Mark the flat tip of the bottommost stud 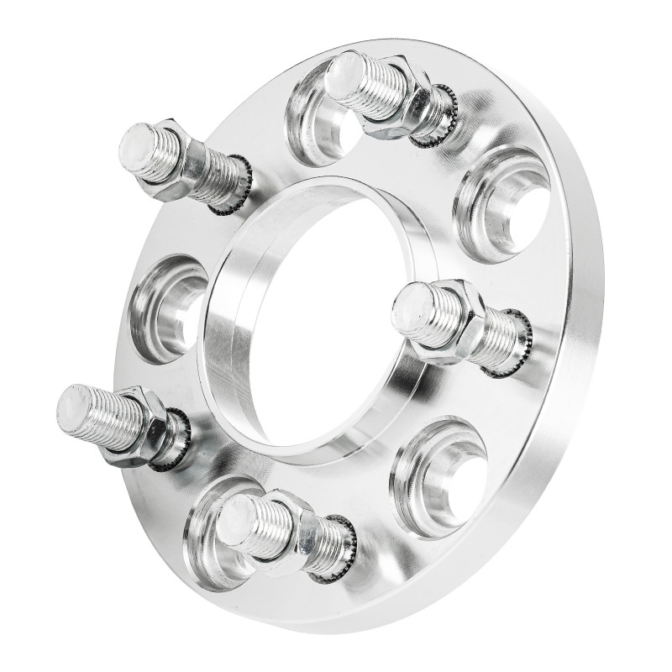coord(238,512)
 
